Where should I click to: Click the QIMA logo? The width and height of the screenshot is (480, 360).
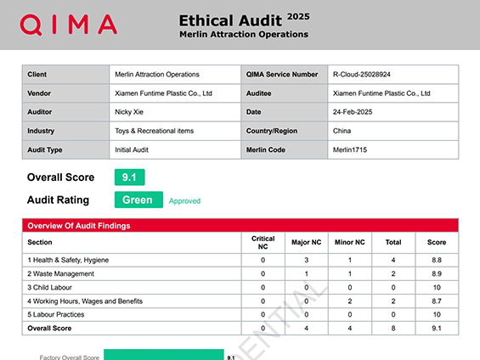[x=69, y=25]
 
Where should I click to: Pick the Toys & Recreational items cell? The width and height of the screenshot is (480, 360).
[x=154, y=130]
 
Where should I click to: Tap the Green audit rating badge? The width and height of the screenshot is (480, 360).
[x=138, y=200]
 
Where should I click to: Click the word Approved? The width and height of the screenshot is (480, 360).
[x=184, y=201]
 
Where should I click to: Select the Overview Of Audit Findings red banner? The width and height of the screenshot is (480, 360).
[x=240, y=225]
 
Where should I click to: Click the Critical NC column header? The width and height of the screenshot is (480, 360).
[x=263, y=242]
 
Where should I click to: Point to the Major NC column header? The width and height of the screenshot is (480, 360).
[x=306, y=242]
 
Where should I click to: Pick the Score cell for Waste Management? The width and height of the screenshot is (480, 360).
[x=436, y=273]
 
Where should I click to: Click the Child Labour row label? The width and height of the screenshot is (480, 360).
[x=55, y=287]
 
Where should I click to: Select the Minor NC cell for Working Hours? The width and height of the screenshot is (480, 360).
[x=348, y=301]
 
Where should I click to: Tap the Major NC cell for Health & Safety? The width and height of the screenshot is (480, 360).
[x=306, y=260]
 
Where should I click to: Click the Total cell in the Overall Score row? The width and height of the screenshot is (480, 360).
[x=392, y=328]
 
